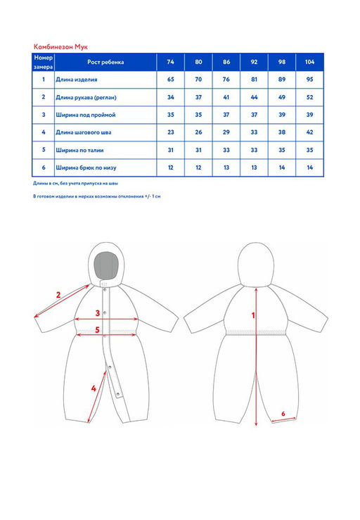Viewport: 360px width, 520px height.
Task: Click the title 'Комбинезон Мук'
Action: point(60,47)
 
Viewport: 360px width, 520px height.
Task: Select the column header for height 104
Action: point(309,62)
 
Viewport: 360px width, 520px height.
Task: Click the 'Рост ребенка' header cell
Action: point(105,62)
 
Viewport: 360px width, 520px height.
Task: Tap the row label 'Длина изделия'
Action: point(77,80)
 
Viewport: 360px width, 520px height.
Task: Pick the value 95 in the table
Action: point(309,80)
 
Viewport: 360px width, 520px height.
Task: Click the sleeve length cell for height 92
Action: point(254,97)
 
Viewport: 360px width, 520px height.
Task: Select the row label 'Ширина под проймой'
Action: point(86,115)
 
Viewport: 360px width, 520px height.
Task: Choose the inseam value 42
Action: point(309,132)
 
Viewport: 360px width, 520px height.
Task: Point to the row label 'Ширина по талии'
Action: point(79,150)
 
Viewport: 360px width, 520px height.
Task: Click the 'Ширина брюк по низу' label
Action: point(86,167)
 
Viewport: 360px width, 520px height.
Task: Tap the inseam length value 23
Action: point(170,132)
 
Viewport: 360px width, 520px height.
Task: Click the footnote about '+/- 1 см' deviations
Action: point(97,196)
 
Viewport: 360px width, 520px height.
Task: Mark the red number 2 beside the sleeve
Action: point(58,295)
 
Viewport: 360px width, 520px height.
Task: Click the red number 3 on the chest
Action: point(98,312)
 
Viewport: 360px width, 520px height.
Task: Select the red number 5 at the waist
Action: point(97,329)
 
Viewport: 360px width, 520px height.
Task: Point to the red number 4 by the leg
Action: point(94,388)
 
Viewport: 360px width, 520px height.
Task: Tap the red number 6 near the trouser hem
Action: point(283,414)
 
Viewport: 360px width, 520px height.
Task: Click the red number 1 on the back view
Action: point(253,315)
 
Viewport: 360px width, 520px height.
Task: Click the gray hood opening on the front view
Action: point(105,265)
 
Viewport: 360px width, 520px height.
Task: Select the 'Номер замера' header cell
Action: point(44,62)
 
